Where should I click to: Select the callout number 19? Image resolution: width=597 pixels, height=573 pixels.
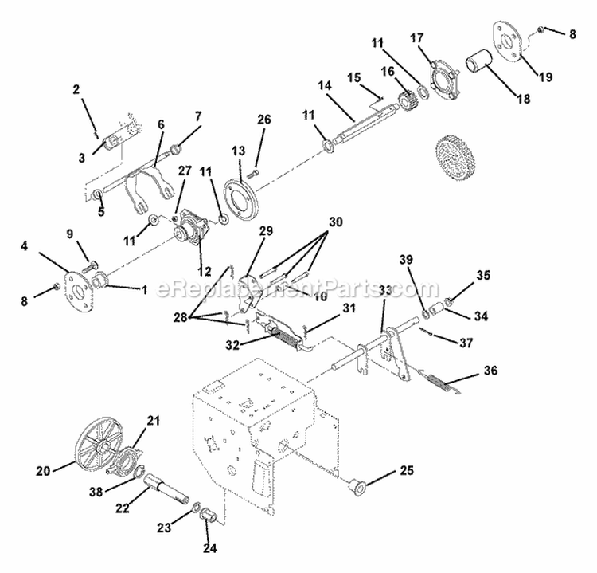pos(545,77)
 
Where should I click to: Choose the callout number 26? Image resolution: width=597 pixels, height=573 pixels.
pos(263,119)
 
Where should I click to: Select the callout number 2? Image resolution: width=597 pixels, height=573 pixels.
pos(76,89)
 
